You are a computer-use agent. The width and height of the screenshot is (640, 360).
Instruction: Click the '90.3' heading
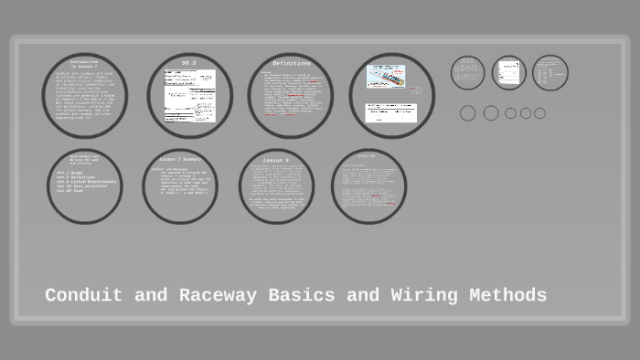click(189, 63)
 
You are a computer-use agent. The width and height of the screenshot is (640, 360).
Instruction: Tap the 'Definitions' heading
click(292, 63)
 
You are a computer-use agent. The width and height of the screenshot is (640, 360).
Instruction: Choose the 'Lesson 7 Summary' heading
click(180, 159)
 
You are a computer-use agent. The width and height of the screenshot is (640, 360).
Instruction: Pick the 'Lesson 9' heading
click(276, 160)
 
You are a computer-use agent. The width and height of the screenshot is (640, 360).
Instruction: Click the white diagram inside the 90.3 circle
click(190, 95)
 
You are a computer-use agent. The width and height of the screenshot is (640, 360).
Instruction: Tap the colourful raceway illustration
click(386, 76)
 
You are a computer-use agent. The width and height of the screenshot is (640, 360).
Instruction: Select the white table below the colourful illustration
click(390, 112)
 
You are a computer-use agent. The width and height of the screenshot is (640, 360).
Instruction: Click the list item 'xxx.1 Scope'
click(70, 173)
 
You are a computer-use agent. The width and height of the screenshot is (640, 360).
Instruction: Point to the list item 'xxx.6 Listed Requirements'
click(87, 182)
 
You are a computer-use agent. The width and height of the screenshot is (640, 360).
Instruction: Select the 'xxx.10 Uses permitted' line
click(82, 186)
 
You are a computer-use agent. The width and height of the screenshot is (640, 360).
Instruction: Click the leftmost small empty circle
click(468, 113)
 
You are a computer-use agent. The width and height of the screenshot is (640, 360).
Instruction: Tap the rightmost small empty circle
click(539, 113)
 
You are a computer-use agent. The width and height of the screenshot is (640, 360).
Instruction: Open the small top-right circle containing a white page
click(509, 73)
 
